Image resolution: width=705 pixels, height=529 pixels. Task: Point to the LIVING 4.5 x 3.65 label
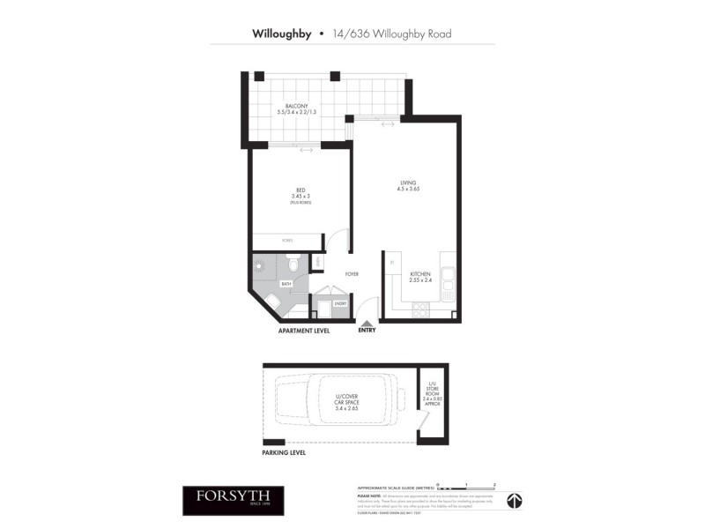[x=407, y=184]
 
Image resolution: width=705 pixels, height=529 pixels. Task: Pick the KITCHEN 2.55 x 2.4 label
[x=420, y=277]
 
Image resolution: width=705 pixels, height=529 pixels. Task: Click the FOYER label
[x=352, y=274]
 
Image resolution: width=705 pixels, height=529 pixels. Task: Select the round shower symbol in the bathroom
[x=260, y=264]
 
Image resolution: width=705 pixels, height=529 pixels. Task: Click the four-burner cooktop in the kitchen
[x=420, y=309]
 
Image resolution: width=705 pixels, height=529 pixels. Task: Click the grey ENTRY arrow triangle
[x=367, y=324]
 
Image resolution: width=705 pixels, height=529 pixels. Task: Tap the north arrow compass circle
[x=514, y=500]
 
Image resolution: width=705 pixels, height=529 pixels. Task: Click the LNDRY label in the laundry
[x=339, y=304]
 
